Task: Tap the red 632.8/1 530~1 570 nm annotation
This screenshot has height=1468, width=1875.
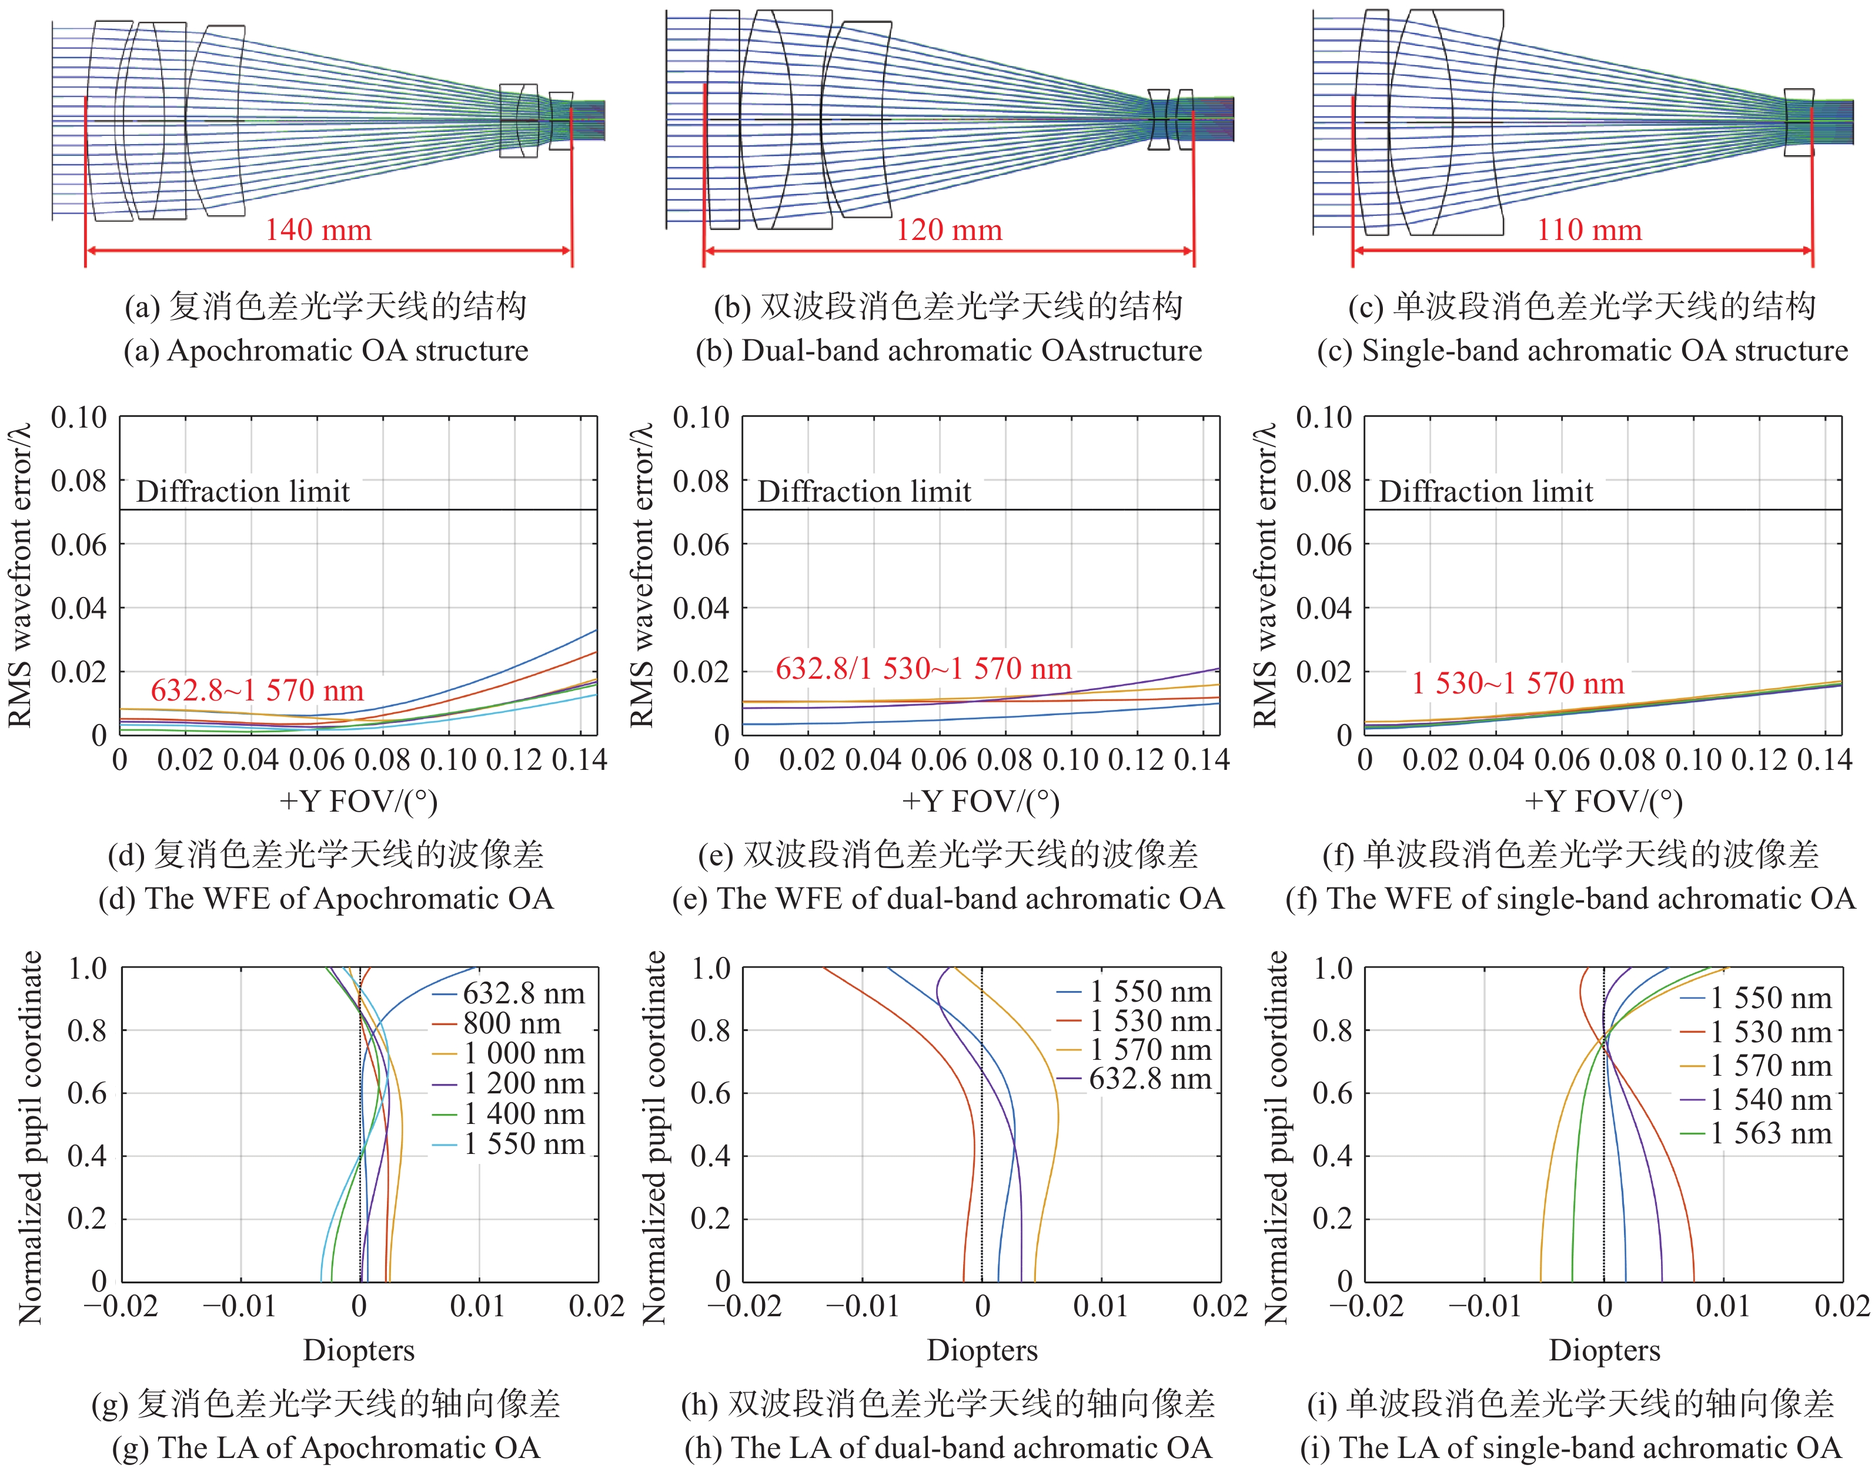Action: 924,669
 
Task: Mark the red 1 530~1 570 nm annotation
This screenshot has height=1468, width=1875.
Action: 1518,683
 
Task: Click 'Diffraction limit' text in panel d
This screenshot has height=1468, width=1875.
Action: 243,492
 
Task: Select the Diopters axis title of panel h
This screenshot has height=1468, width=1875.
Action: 982,1350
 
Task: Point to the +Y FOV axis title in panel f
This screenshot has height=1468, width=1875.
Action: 1603,801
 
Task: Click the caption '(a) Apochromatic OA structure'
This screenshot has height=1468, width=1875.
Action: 326,351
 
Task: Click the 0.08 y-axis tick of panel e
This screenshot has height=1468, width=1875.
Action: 700,481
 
